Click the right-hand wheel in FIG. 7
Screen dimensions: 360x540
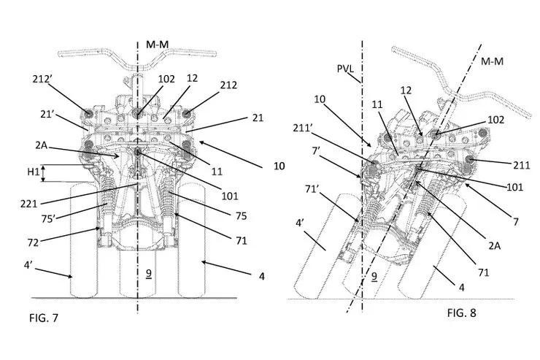pyautogui.click(x=192, y=241)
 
